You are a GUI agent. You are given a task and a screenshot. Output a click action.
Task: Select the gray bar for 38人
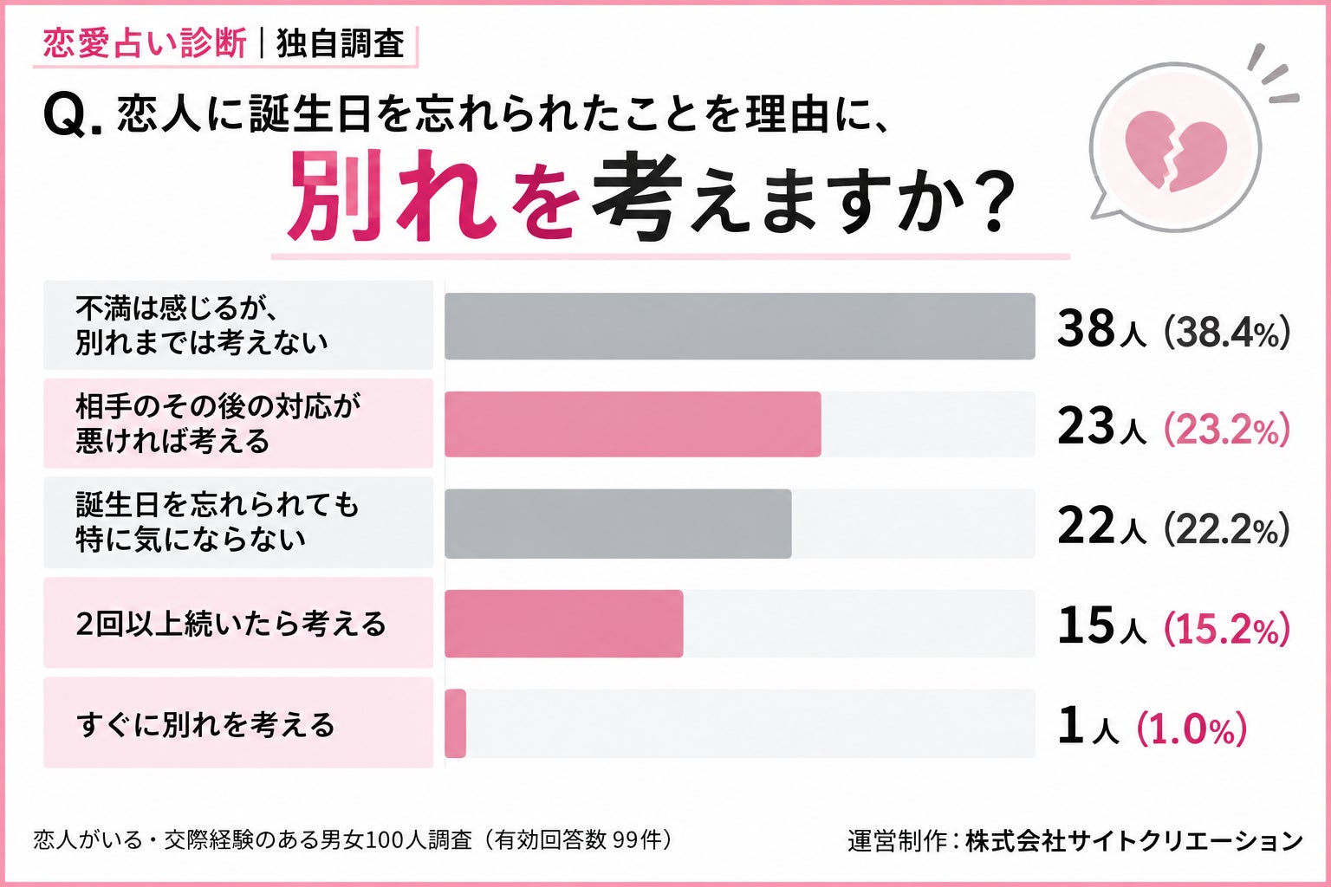pos(740,326)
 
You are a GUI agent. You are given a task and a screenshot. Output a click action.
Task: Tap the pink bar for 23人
pos(633,424)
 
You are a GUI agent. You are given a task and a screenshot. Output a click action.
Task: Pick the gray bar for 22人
pos(618,523)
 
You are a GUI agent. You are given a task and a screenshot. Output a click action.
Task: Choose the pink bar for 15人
pos(564,623)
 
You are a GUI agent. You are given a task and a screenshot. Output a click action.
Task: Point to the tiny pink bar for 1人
pos(455,723)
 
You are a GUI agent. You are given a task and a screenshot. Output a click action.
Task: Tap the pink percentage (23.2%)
pos(1227,431)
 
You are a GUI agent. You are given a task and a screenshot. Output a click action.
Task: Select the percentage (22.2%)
pos(1227,529)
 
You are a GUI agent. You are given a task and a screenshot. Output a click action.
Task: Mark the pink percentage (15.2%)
pos(1227,629)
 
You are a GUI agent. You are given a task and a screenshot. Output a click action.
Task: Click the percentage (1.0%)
pos(1191,729)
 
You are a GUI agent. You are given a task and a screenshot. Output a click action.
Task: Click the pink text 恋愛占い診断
pos(145,43)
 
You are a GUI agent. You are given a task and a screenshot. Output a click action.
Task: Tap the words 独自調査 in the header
pos(341,43)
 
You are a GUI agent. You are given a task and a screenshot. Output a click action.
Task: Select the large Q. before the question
pos(73,114)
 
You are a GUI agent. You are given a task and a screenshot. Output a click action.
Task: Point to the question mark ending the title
pos(990,199)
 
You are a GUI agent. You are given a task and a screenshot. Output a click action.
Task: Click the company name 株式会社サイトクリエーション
pos(1134,841)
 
